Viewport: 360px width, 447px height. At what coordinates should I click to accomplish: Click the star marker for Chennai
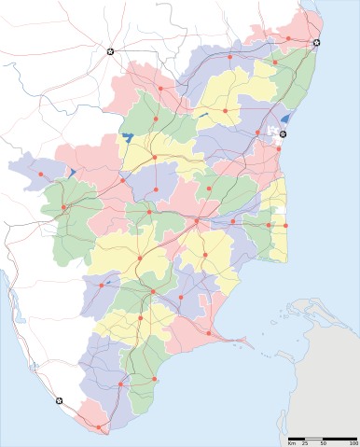(x=317, y=43)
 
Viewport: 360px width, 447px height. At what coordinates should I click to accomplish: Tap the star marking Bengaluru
(x=110, y=51)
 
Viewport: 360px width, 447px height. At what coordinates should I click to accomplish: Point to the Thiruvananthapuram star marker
(x=61, y=401)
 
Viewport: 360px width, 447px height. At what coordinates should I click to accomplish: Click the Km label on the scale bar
(x=292, y=443)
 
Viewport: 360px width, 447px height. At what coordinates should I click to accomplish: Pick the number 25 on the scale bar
(x=305, y=443)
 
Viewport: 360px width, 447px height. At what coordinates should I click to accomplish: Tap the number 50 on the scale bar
(x=323, y=443)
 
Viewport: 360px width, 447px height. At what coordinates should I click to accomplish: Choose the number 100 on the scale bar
(x=353, y=443)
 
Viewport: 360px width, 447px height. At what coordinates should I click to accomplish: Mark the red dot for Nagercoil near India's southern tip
(x=100, y=427)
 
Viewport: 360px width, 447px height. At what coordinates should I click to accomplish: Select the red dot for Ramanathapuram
(x=210, y=333)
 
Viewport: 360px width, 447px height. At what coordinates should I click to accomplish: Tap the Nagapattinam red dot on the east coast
(x=284, y=225)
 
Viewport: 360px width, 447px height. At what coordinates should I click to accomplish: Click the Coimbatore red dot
(x=63, y=205)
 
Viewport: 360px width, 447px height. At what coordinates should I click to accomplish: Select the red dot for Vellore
(x=226, y=109)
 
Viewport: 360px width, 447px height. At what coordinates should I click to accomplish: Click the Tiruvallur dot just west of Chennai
(x=288, y=37)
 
